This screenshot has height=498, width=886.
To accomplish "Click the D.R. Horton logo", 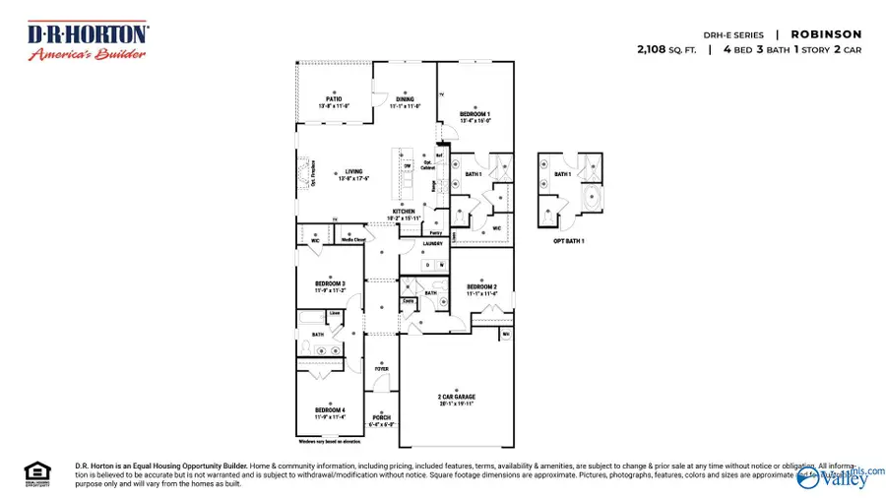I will [87, 41].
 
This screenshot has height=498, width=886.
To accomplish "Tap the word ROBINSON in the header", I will [826, 34].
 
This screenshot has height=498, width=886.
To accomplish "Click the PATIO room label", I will [335, 98].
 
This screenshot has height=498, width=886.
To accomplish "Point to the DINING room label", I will [406, 99].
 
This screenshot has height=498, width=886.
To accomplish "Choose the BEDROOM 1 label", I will [475, 114].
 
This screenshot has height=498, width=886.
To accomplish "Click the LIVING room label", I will [353, 172].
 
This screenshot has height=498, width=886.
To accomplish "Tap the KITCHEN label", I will [405, 212].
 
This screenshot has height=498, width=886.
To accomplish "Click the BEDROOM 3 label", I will [330, 283].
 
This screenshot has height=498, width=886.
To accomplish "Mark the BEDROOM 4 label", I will [330, 409].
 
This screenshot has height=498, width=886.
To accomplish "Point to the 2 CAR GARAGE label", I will [456, 397].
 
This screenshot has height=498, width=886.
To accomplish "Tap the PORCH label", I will [381, 417].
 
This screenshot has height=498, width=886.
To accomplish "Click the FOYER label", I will [381, 369].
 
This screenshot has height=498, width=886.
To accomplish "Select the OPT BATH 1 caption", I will [569, 239].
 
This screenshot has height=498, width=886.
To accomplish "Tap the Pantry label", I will [435, 233].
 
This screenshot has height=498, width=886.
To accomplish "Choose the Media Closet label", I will [353, 239].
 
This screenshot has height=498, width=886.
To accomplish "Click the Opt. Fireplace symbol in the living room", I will [303, 173].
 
